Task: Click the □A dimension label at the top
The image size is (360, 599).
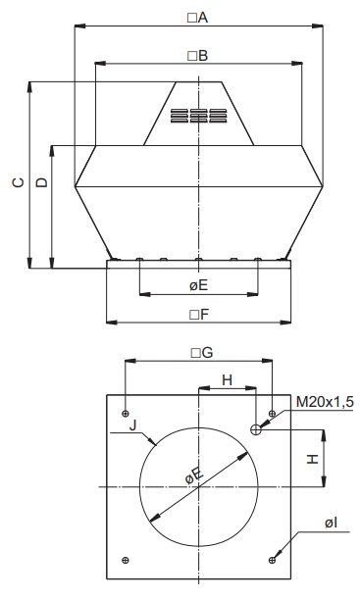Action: click(x=197, y=18)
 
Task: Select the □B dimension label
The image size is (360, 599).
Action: click(x=197, y=56)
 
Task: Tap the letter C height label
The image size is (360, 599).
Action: click(x=18, y=182)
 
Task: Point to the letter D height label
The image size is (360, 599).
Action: click(x=41, y=182)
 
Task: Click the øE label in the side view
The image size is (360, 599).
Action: click(x=198, y=285)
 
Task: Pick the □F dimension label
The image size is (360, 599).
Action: click(x=199, y=315)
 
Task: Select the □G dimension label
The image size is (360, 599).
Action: click(x=202, y=353)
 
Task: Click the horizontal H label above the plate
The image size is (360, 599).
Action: click(x=227, y=380)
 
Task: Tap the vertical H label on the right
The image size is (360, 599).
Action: click(x=313, y=459)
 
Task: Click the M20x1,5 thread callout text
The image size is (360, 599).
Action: click(x=325, y=402)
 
